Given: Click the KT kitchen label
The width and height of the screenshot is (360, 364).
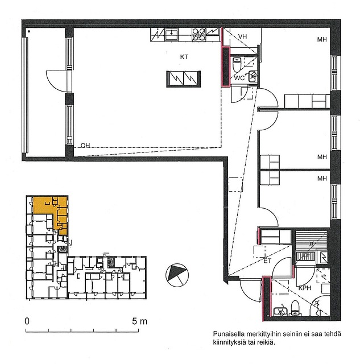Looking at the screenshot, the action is (x=184, y=57).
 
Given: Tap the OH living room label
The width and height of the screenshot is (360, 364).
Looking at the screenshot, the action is (x=85, y=146).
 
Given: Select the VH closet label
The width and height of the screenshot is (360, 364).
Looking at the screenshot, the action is (x=242, y=36).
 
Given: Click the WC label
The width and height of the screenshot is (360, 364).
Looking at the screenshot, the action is (x=239, y=78).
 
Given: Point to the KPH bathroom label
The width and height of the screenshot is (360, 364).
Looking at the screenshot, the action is (x=305, y=288).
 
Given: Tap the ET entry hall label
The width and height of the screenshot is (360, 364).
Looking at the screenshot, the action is (x=267, y=261).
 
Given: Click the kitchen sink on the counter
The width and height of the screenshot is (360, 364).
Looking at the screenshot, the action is (x=171, y=34).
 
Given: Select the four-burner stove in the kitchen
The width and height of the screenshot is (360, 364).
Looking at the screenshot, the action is (x=199, y=35).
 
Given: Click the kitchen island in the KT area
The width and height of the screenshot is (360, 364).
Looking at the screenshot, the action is (x=183, y=79).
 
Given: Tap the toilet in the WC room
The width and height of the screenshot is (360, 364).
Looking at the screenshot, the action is (x=237, y=64).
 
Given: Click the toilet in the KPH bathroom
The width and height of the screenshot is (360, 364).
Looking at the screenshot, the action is (x=295, y=308).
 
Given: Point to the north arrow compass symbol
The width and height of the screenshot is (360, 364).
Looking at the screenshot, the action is (x=177, y=275).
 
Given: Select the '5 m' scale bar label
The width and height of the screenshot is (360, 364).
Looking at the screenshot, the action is (x=140, y=321).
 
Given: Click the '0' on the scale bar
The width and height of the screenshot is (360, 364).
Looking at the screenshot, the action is (x=27, y=321).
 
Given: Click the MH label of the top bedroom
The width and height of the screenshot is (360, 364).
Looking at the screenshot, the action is (x=322, y=39).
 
